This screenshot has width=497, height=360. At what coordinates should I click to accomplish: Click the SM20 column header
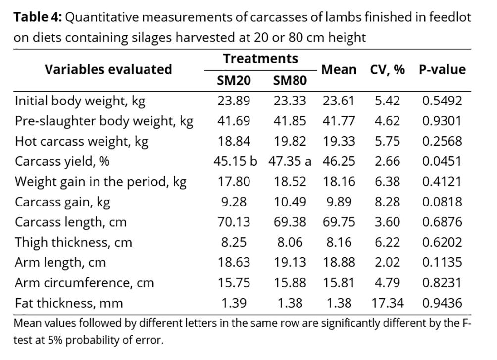[x=234, y=80]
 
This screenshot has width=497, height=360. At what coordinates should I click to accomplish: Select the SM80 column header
[x=290, y=80]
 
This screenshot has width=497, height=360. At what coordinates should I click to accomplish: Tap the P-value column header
[x=442, y=70]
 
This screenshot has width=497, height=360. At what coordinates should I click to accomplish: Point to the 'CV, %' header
[x=387, y=70]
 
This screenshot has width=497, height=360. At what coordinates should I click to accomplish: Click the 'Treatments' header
[x=260, y=59]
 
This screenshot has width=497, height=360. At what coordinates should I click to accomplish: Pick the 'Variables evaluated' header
[x=108, y=69]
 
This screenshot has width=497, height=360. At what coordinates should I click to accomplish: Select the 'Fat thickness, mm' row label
[x=69, y=302]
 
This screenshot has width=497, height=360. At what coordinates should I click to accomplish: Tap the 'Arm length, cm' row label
[x=60, y=262]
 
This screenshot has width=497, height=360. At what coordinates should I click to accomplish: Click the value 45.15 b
[x=236, y=161]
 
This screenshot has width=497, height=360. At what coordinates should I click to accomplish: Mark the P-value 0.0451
[x=442, y=161]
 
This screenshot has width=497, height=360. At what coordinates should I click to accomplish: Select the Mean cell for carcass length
[x=339, y=222]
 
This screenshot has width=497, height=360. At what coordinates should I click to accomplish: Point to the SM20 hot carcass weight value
[x=234, y=142]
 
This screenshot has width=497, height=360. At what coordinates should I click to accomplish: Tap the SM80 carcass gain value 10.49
[x=290, y=202]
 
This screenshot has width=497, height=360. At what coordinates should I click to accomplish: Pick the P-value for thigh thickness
[x=442, y=242]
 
